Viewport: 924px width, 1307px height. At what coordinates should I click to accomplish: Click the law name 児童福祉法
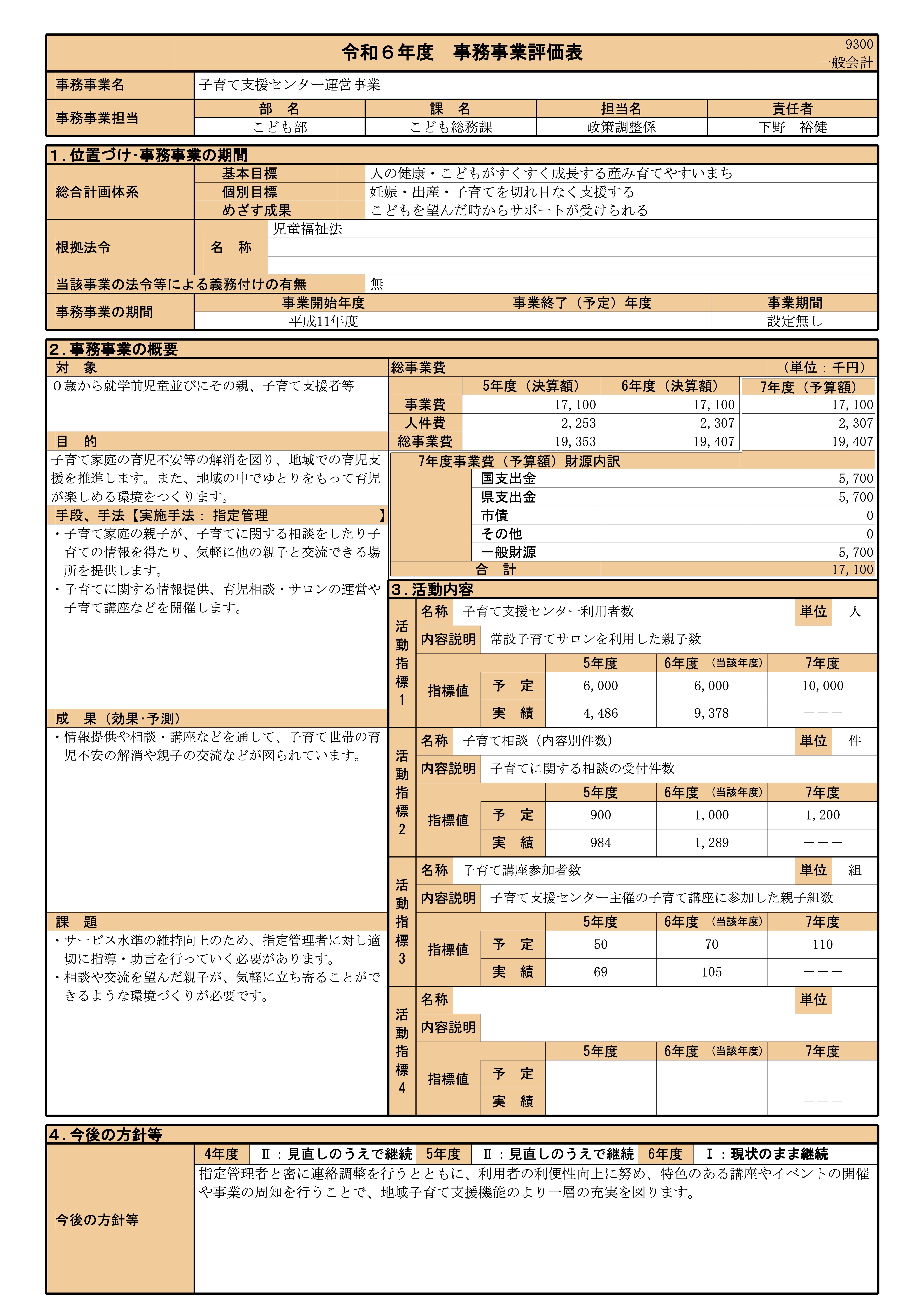(308, 229)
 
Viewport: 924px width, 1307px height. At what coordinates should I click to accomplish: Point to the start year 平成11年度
(323, 321)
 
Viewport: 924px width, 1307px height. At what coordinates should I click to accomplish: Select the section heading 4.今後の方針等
(106, 1134)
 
